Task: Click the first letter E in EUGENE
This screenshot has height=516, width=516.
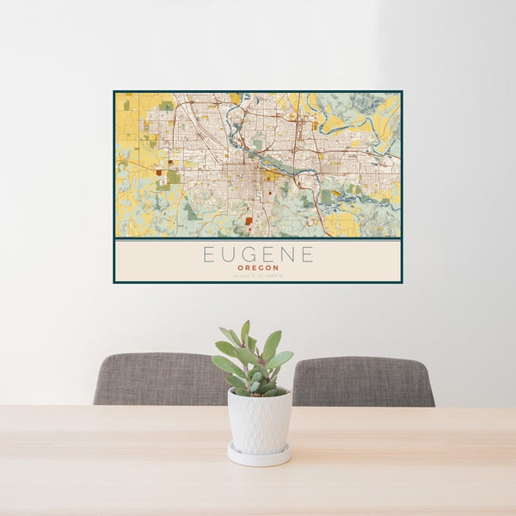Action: (208, 255)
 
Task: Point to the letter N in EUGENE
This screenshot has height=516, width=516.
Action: (286, 255)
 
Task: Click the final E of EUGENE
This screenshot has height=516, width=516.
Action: (307, 255)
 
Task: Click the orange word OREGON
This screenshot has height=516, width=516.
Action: (258, 267)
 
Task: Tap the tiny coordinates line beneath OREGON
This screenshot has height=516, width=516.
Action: (258, 275)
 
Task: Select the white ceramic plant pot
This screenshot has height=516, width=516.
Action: (259, 421)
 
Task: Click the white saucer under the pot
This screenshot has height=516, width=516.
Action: (259, 456)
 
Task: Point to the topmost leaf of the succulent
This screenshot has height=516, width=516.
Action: (246, 330)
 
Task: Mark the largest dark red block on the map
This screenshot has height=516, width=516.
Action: (249, 221)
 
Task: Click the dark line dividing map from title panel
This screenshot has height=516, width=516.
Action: (258, 238)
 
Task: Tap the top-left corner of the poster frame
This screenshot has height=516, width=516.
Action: (114, 91)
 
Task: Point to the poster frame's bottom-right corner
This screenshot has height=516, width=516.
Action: (402, 282)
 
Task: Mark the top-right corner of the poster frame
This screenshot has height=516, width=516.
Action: (402, 91)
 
